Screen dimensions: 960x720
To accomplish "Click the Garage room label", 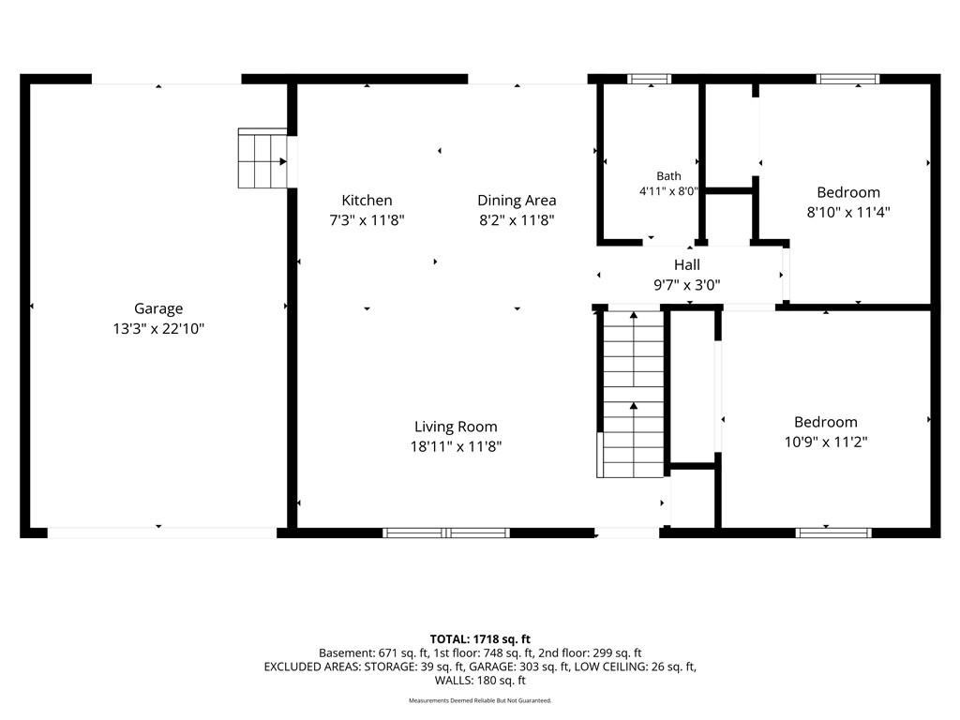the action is (x=158, y=309).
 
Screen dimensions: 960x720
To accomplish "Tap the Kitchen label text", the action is (x=367, y=201).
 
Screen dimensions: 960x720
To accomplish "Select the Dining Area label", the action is (x=517, y=201).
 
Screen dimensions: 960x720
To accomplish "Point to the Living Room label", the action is (x=456, y=427).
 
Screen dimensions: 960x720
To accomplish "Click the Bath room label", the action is (x=668, y=176).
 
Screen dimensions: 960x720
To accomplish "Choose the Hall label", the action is (x=687, y=265).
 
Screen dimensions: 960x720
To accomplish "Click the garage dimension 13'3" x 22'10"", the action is (x=157, y=329).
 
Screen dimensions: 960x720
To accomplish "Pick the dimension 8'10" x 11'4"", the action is (x=847, y=213).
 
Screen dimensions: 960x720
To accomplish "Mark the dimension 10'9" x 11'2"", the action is (x=825, y=442).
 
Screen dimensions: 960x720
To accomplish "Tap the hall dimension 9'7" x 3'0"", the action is (x=687, y=285).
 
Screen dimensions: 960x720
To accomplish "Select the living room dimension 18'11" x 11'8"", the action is (x=456, y=446).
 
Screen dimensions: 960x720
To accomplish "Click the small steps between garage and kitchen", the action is (x=262, y=157).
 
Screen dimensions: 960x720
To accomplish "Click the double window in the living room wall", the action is (x=446, y=532).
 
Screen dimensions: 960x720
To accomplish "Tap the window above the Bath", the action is (x=649, y=79).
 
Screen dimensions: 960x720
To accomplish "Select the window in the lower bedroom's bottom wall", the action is (x=833, y=532).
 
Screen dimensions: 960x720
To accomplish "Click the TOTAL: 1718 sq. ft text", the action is (x=480, y=639).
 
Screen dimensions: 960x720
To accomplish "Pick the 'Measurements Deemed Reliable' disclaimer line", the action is (x=480, y=700).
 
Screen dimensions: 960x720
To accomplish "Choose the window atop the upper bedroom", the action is (x=847, y=79).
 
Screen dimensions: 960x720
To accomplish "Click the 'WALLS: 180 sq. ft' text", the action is (x=480, y=681).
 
